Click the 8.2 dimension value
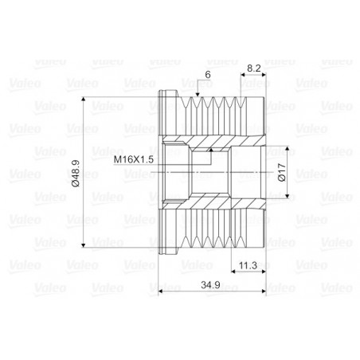coord(254,68)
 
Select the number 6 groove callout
coord(208,75)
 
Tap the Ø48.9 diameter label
coord(76,173)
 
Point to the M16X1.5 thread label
coord(134,159)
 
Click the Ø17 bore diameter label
coord(282,172)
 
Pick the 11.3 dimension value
coord(248,265)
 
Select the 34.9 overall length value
coord(210,285)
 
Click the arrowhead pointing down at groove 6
coord(198,95)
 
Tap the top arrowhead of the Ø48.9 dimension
coord(84,100)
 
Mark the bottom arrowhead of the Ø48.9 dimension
coord(84,245)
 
